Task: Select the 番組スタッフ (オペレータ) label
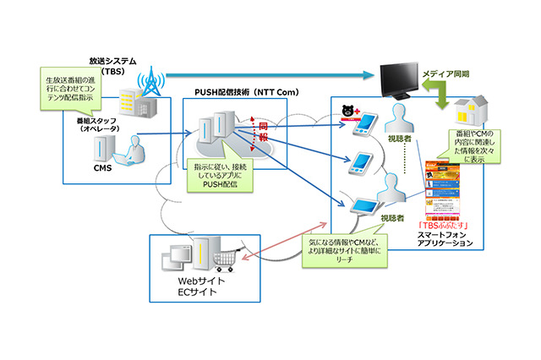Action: point(100,125)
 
